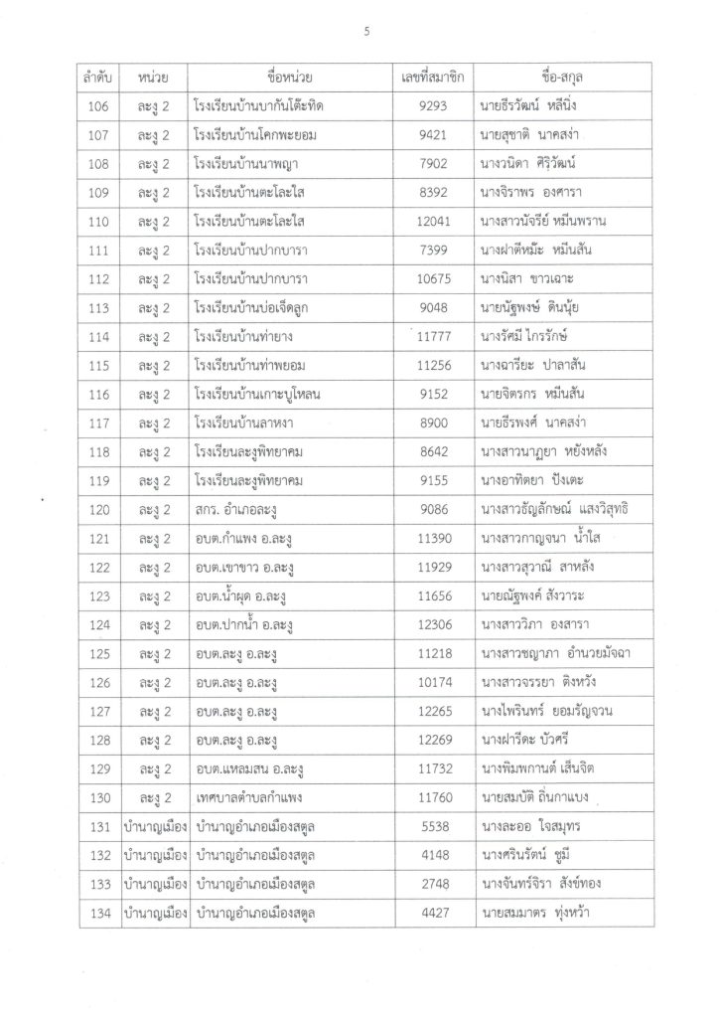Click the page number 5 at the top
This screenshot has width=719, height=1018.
coord(367,31)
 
